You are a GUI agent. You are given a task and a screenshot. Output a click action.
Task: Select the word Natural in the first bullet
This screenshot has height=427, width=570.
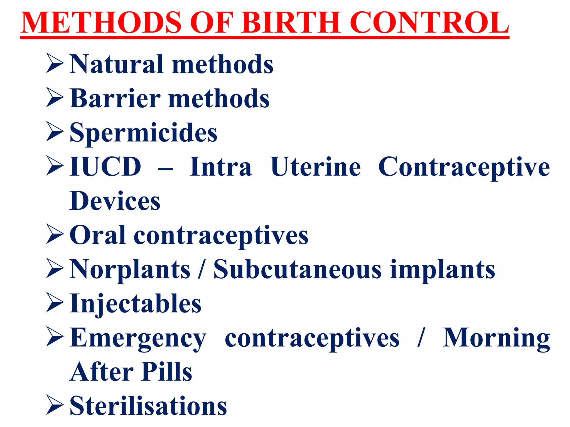[x=116, y=64]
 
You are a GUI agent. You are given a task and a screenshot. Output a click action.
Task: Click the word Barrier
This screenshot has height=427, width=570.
[x=115, y=98]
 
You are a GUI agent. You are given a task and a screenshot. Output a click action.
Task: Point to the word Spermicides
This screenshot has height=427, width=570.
[x=143, y=133]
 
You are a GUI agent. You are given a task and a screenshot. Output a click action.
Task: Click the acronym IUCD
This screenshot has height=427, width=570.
[x=105, y=167]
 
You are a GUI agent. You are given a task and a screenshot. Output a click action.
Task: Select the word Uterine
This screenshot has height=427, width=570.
[x=316, y=167]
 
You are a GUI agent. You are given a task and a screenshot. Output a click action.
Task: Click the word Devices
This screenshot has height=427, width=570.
[x=115, y=201]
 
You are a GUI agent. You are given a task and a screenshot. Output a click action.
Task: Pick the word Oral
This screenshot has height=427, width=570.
[x=97, y=235]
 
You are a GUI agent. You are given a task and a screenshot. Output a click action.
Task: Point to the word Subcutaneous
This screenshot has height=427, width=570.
[x=298, y=270]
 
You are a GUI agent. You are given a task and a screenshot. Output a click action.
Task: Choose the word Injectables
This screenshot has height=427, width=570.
[x=135, y=304]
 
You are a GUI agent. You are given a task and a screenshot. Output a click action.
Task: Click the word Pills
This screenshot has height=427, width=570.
[x=166, y=372]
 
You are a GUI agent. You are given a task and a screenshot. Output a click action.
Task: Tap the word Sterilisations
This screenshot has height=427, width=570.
[x=148, y=406]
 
